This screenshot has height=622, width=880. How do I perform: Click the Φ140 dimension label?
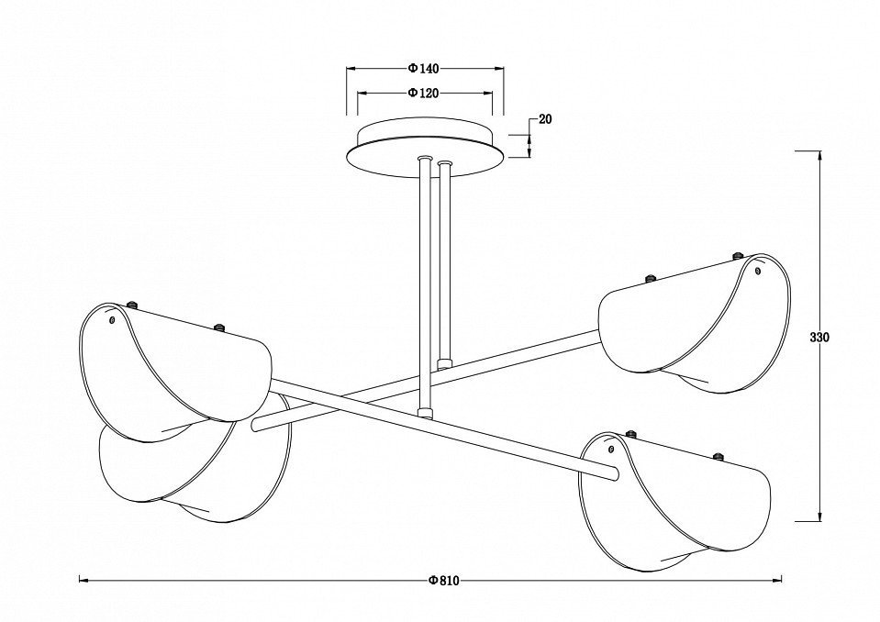click(x=423, y=69)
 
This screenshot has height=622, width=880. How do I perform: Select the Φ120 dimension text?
click(x=423, y=93)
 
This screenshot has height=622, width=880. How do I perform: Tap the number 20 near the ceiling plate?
click(x=545, y=119)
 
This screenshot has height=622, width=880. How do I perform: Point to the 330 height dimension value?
click(x=819, y=337)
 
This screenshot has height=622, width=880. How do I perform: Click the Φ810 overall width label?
click(x=443, y=581)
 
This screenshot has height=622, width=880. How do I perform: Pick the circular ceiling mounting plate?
click(x=426, y=147)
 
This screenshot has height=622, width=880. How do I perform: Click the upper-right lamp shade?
click(x=696, y=323)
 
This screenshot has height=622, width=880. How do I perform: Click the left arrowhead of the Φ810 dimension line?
click(x=84, y=581)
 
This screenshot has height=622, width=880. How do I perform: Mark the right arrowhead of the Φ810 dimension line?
click(x=777, y=581)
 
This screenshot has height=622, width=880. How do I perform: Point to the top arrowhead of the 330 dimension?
click(x=820, y=156)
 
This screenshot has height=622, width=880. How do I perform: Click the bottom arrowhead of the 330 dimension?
click(x=820, y=516)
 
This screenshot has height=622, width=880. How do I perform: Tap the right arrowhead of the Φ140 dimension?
click(x=499, y=69)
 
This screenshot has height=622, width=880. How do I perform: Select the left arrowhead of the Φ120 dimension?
click(x=362, y=93)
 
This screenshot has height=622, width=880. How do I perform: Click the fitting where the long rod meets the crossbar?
click(x=426, y=414)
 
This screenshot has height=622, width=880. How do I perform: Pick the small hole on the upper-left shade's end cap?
click(x=112, y=319)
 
